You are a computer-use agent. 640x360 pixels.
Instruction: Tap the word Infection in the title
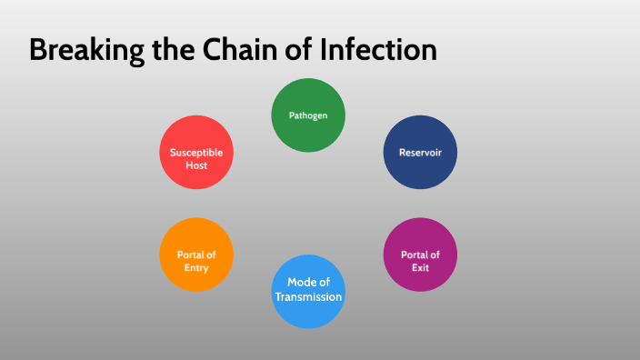[x=382, y=50]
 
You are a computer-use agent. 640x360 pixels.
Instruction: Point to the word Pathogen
[x=308, y=115]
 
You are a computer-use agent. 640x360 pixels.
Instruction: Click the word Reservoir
[x=420, y=152]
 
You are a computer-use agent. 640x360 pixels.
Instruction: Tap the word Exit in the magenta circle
[x=420, y=268]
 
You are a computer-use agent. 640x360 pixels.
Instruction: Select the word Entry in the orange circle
[x=196, y=268]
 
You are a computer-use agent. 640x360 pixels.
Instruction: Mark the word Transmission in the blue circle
[x=308, y=297]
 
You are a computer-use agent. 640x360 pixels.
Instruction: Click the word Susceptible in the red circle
[x=196, y=153]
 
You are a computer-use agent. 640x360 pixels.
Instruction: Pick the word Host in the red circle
[x=196, y=165]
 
